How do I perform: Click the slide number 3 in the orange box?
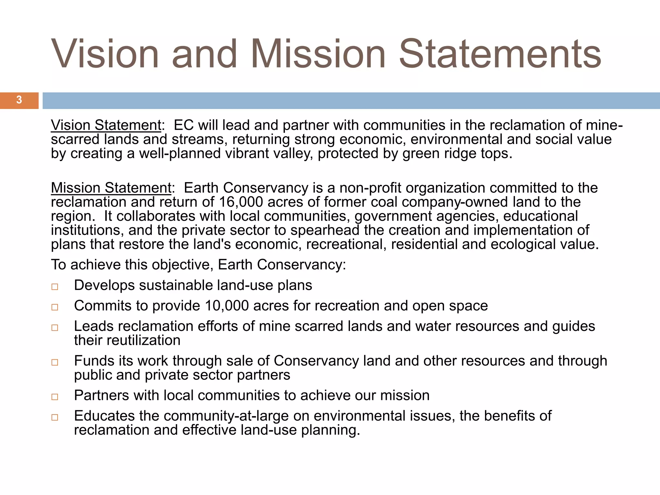19,100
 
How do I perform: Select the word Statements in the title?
500,54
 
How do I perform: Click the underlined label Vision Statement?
106,125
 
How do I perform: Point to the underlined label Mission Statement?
111,188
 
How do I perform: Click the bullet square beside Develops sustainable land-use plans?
55,286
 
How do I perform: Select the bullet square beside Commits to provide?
55,307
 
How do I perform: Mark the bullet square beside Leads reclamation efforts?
55,327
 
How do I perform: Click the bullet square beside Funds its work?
55,362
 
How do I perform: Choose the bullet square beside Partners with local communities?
55,396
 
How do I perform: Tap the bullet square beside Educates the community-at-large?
55,417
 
